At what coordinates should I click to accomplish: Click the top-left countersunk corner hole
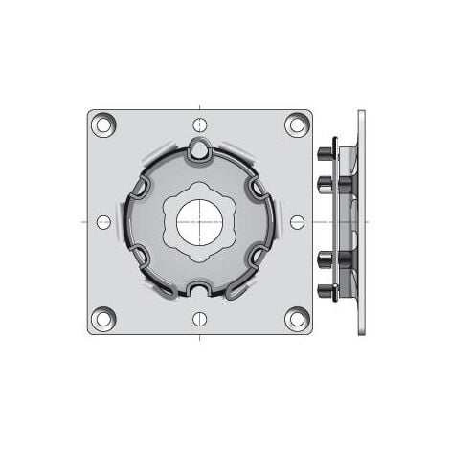pyautogui.click(x=103, y=124)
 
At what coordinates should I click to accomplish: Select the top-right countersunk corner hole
pyautogui.click(x=297, y=124)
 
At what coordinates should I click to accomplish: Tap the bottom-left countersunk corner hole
pyautogui.click(x=103, y=318)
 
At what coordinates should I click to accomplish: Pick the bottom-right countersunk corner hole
pyautogui.click(x=297, y=318)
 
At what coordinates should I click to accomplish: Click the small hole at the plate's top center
pyautogui.click(x=200, y=124)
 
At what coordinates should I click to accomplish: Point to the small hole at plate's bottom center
pyautogui.click(x=200, y=319)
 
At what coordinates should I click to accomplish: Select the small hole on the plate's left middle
pyautogui.click(x=103, y=222)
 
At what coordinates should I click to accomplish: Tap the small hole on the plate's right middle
pyautogui.click(x=297, y=222)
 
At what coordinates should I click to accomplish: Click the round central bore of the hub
pyautogui.click(x=200, y=223)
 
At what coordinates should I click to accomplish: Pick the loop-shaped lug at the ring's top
pyautogui.click(x=199, y=148)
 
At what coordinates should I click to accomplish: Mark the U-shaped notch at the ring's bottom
pyautogui.click(x=200, y=288)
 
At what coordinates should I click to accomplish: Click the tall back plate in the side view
pyautogui.click(x=361, y=222)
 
